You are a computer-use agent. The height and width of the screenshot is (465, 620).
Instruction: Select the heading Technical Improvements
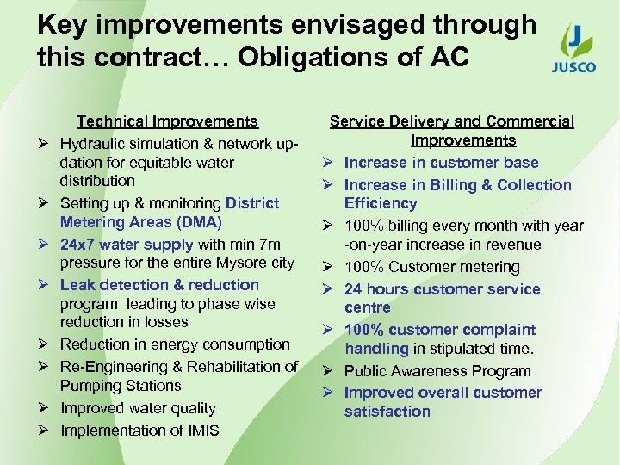coord(167,122)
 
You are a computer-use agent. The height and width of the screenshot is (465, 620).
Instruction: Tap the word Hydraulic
coord(91,143)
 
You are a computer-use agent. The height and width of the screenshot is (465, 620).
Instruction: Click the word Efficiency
coord(380,203)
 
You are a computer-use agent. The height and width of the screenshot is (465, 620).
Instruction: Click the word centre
coord(367,307)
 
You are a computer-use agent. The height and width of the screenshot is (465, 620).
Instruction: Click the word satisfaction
coord(387,412)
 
